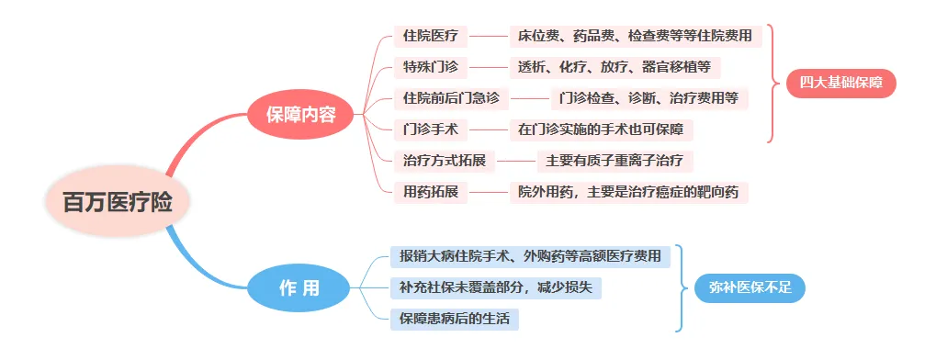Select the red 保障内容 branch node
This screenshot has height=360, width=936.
(x=300, y=115)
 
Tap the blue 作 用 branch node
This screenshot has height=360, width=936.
(x=299, y=287)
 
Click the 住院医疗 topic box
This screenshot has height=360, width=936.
(x=430, y=37)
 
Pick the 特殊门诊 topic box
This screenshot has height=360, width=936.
(x=430, y=67)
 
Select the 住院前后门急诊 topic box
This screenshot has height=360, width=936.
(x=451, y=97)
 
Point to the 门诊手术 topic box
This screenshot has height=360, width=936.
(x=430, y=129)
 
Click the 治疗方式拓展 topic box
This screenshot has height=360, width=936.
(x=445, y=161)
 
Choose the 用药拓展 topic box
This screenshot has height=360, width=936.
(x=430, y=192)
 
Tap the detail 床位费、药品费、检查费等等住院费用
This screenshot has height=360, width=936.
(x=635, y=37)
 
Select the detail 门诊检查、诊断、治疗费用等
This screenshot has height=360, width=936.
(x=649, y=97)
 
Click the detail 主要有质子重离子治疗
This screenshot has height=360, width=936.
(x=614, y=161)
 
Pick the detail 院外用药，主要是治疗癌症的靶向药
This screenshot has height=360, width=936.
(x=628, y=192)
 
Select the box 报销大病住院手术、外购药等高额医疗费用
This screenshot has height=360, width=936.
(x=530, y=256)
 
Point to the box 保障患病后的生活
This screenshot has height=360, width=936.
(x=455, y=319)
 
